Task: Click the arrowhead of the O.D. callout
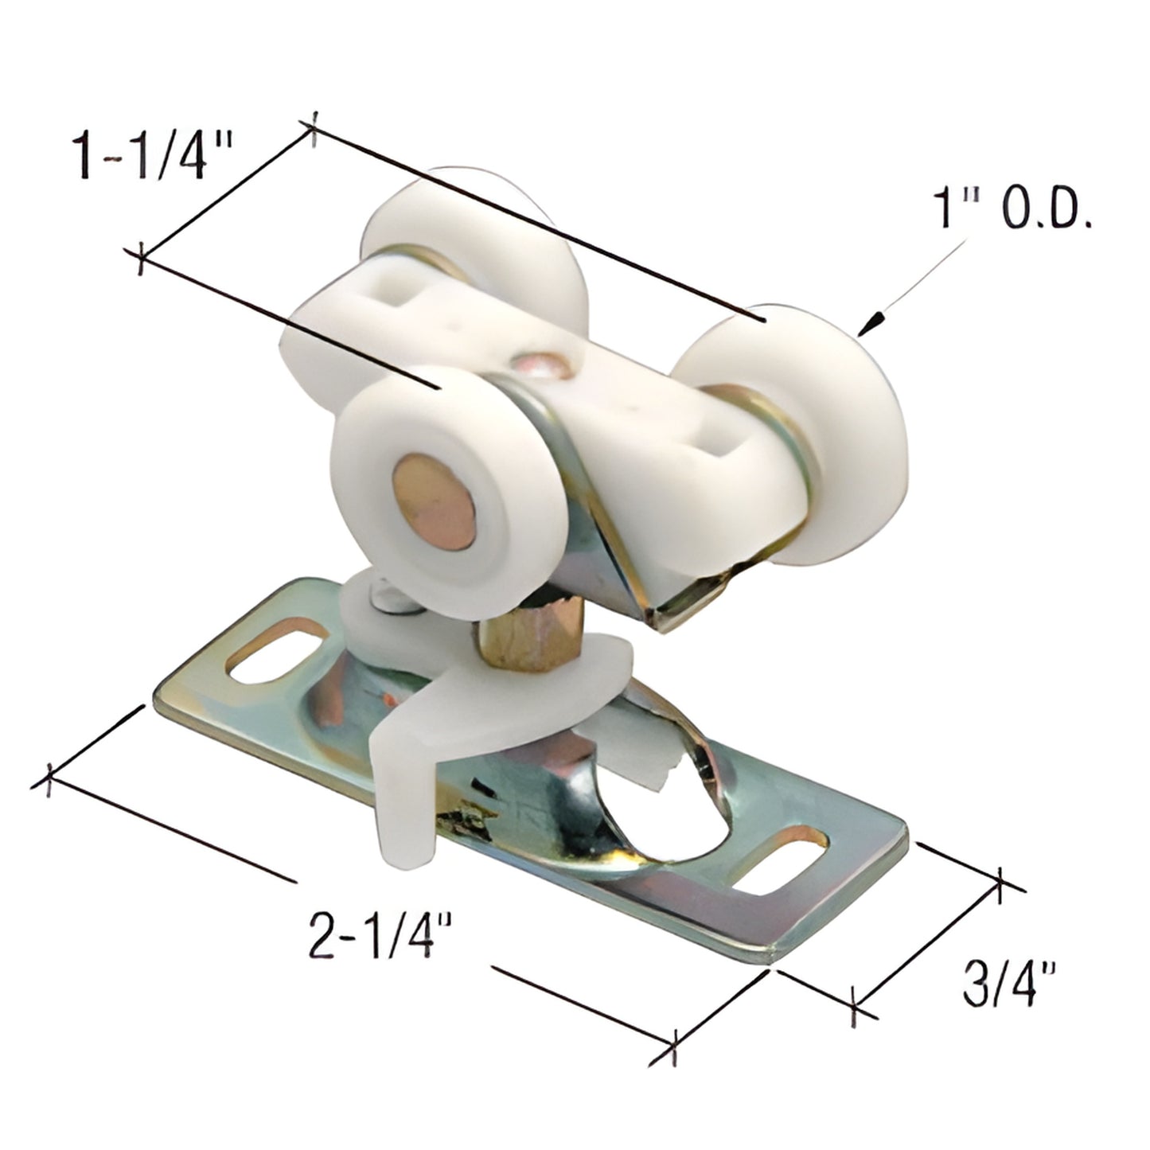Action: pyautogui.click(x=876, y=322)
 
